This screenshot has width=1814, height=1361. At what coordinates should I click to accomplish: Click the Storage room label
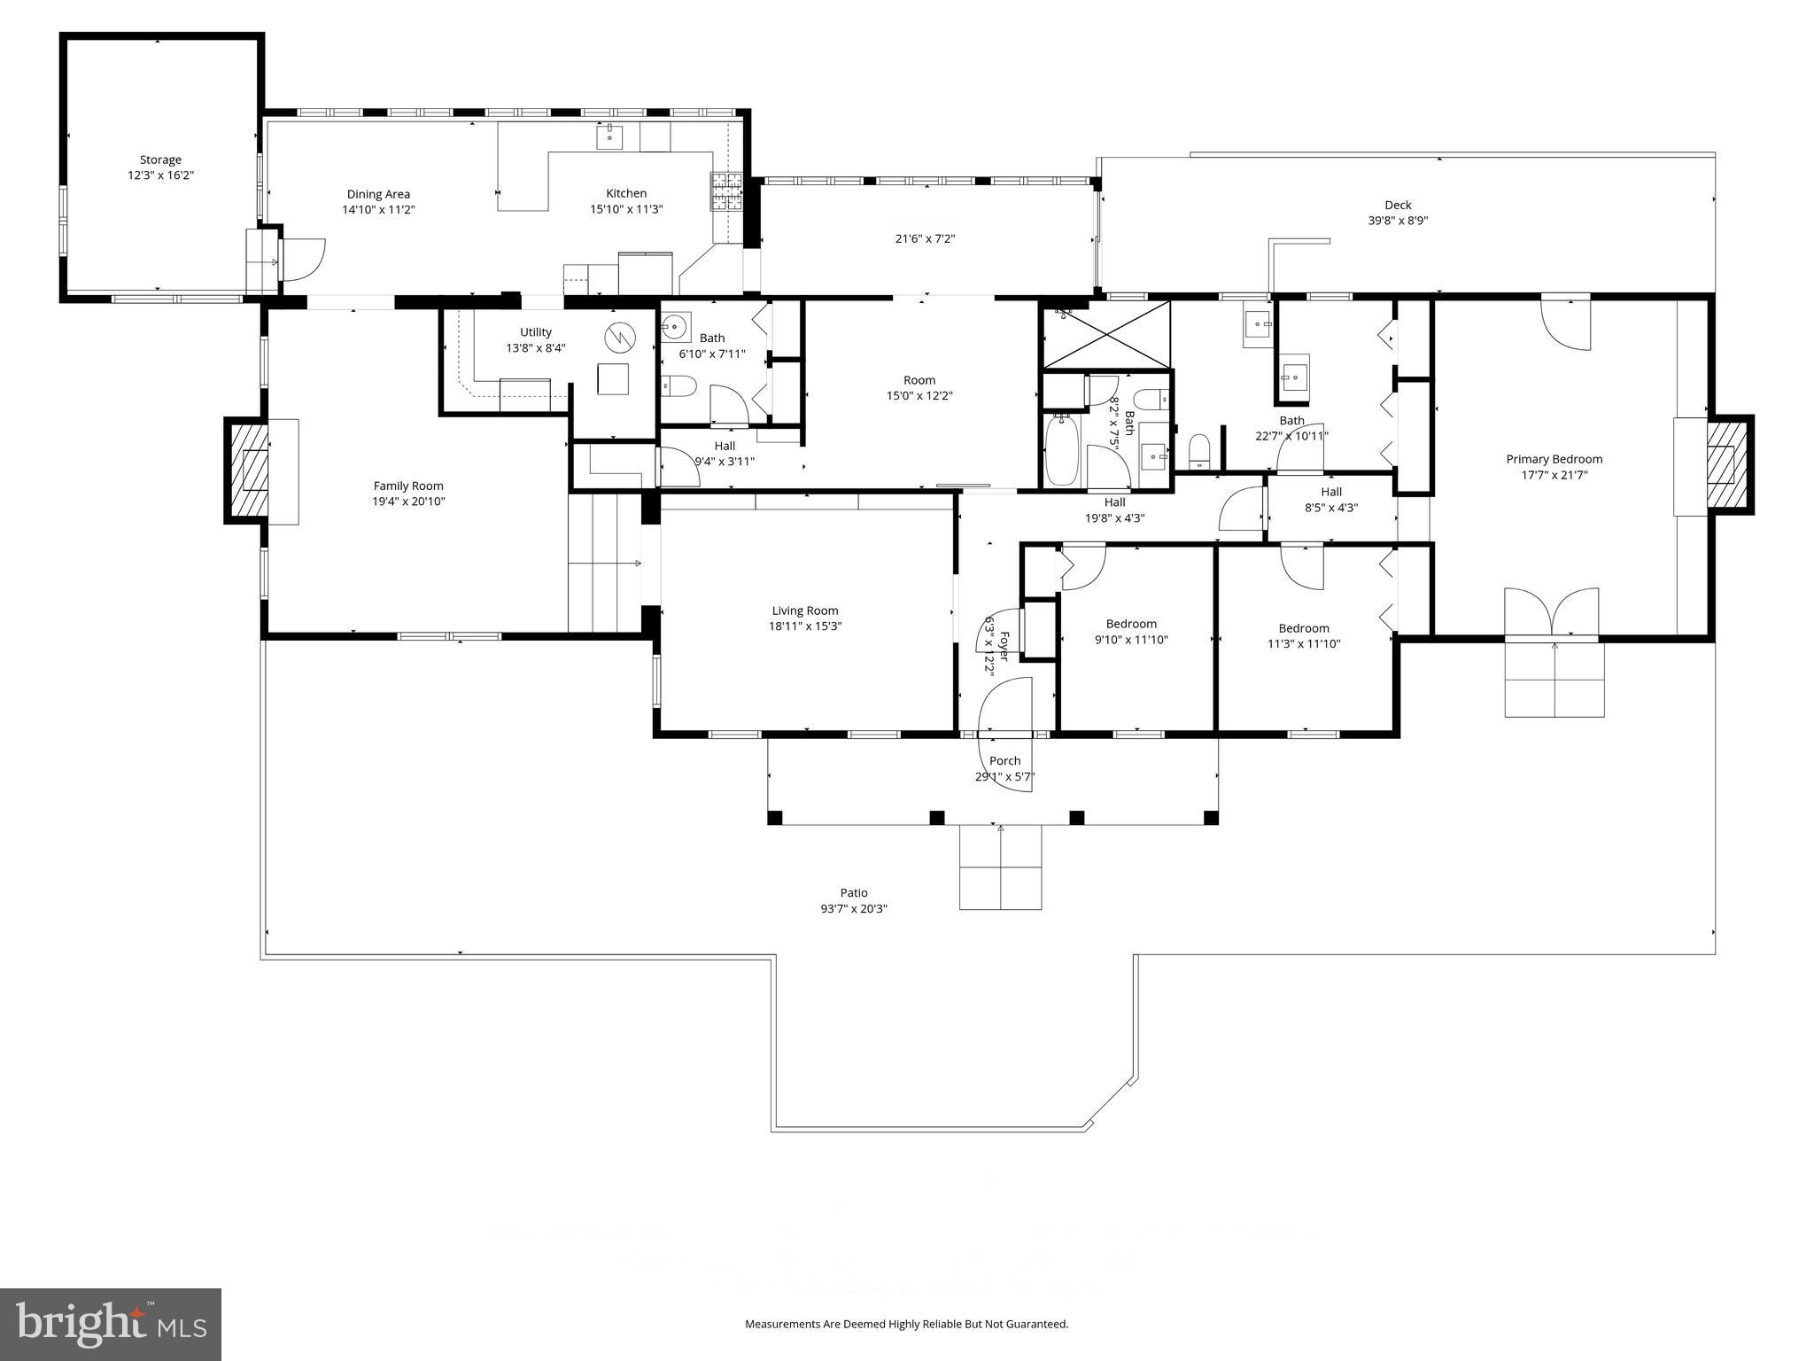pos(160,160)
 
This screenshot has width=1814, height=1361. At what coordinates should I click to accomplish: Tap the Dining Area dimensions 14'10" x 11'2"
pos(378,211)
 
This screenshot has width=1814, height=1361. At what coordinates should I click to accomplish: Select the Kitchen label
pos(626,193)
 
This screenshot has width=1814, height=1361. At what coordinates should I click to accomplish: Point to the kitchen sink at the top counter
pos(610,137)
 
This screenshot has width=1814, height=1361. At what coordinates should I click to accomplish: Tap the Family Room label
pos(408,486)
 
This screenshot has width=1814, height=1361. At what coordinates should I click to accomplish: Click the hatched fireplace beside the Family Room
pos(248,470)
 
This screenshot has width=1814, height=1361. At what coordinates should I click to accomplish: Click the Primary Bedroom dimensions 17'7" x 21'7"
pos(1554,476)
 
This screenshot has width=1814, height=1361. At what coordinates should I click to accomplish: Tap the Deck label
pos(1398,205)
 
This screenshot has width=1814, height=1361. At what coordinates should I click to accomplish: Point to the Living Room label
pos(805,611)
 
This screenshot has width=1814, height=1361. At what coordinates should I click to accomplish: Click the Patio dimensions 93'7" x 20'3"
pos(854,909)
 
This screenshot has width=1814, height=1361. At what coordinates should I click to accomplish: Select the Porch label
pos(1004,760)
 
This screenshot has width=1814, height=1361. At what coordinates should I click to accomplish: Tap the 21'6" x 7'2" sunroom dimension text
pos(925,238)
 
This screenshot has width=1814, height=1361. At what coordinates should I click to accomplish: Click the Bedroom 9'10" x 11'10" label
pos(1131,624)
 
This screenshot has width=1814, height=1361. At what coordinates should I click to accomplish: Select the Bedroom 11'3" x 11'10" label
pos(1304,628)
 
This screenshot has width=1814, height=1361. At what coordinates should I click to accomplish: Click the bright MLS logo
pos(111,1324)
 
